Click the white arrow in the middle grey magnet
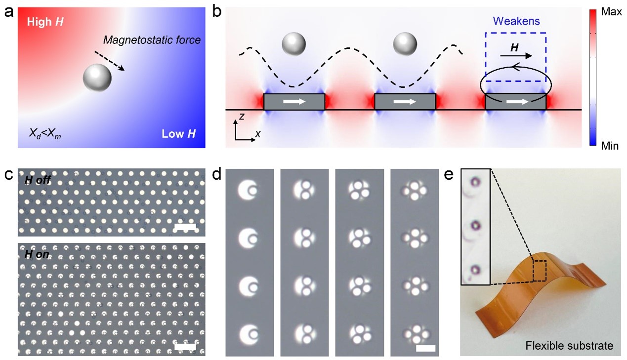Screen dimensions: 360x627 405,102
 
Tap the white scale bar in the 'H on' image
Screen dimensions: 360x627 185,347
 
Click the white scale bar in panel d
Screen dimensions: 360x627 425,348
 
